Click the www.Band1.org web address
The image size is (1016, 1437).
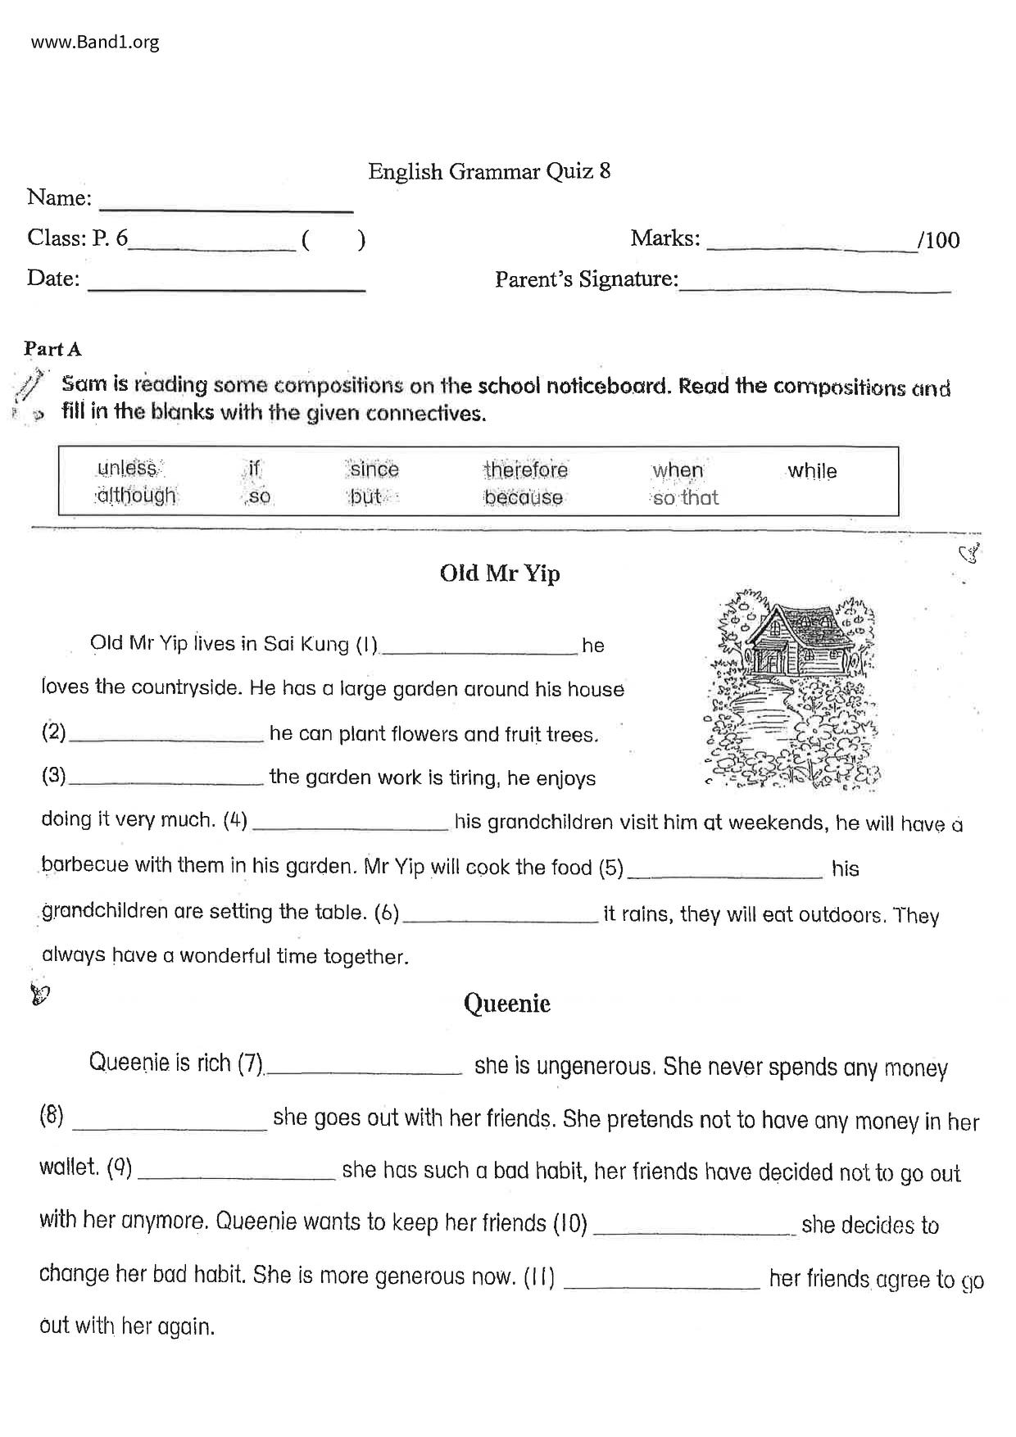pyautogui.click(x=95, y=42)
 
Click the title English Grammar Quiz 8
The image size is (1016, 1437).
pyautogui.click(x=489, y=171)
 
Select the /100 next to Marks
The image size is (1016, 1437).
pyautogui.click(x=939, y=240)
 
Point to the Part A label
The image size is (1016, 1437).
pyautogui.click(x=52, y=349)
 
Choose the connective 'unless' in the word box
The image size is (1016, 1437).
pyautogui.click(x=127, y=468)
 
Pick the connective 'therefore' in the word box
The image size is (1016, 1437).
pyautogui.click(x=525, y=470)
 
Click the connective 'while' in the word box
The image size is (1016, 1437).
pyautogui.click(x=812, y=471)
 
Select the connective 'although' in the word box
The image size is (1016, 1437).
pyautogui.click(x=136, y=496)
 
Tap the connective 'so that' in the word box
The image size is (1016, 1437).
pyautogui.click(x=685, y=497)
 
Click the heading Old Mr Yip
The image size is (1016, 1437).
pyautogui.click(x=500, y=573)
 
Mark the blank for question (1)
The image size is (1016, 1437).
pyautogui.click(x=480, y=647)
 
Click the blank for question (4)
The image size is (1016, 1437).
pyautogui.click(x=351, y=823)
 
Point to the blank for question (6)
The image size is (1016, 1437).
pyautogui.click(x=501, y=916)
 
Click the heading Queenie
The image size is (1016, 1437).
pyautogui.click(x=506, y=1004)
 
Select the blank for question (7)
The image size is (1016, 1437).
pyautogui.click(x=365, y=1067)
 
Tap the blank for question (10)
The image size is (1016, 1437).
pyautogui.click(x=693, y=1226)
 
